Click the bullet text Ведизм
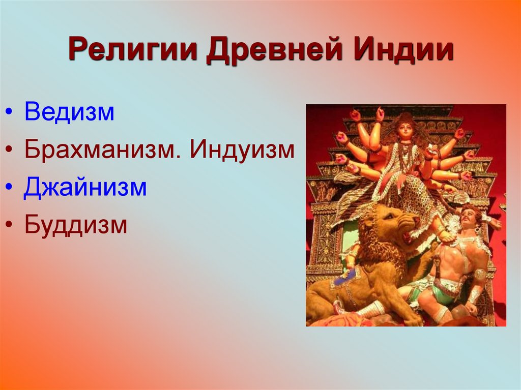click(x=70, y=112)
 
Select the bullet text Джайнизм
click(x=85, y=188)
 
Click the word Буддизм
click(x=76, y=225)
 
